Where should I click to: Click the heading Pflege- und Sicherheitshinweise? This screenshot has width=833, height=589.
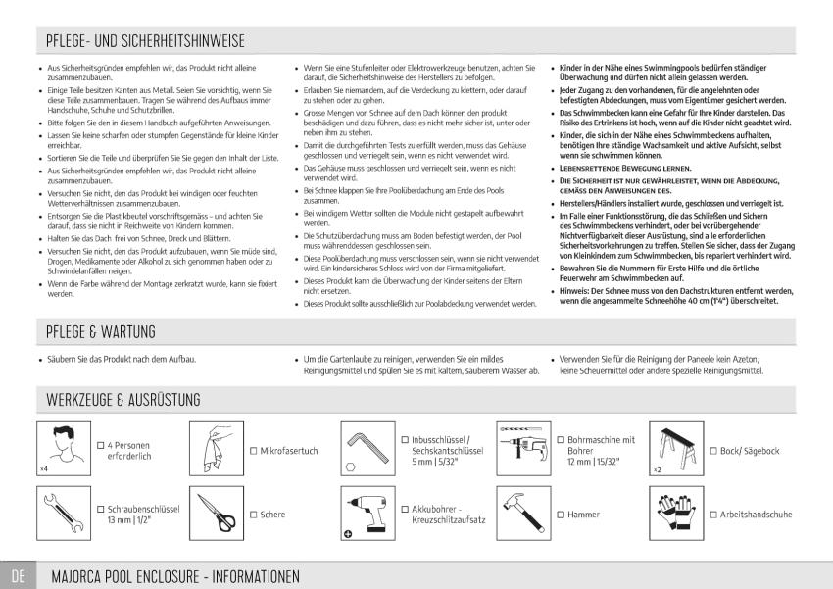click(x=145, y=41)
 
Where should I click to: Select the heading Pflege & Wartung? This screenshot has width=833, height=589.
click(x=101, y=332)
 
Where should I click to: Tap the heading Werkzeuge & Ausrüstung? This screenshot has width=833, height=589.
click(x=123, y=400)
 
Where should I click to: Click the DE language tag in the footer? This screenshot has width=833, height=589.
click(x=18, y=574)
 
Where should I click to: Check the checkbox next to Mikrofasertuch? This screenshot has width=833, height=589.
click(x=253, y=451)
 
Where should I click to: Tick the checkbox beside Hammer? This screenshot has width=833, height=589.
click(x=560, y=515)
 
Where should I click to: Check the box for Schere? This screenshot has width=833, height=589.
click(x=253, y=515)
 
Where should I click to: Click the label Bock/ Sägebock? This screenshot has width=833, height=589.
click(x=750, y=451)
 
